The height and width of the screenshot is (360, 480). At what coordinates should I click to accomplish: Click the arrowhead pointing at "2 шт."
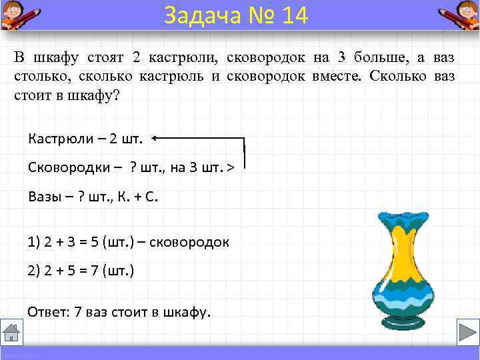tap(155, 138)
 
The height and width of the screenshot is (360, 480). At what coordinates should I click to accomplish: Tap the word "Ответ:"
tap(47, 311)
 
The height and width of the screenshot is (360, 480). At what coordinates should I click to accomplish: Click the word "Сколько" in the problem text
tap(399, 75)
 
